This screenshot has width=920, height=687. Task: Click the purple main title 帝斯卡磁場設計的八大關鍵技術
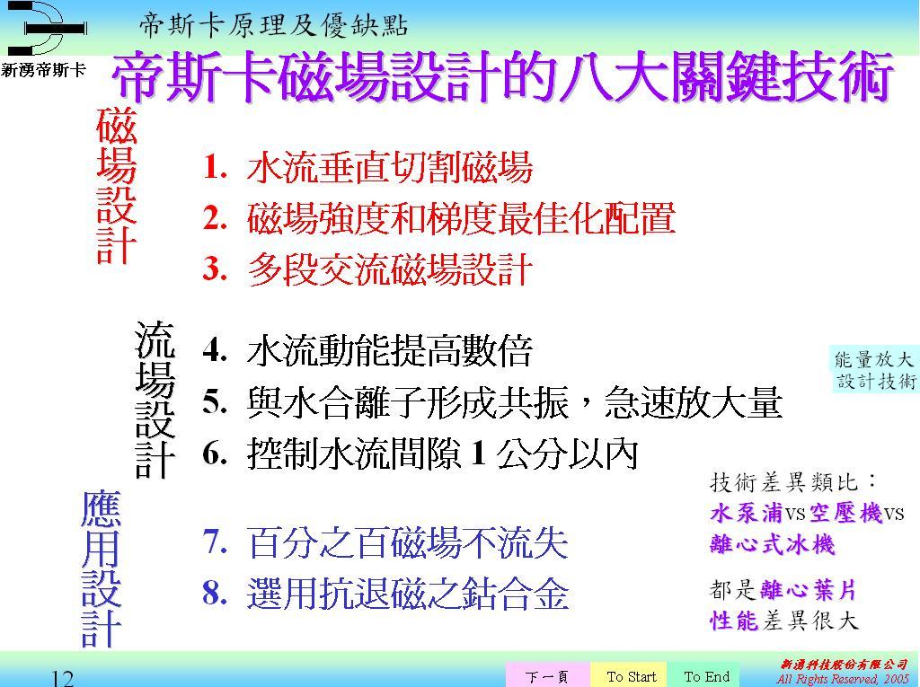(503, 77)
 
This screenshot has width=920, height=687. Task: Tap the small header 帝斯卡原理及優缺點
(273, 26)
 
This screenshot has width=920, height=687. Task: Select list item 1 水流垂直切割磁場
(367, 168)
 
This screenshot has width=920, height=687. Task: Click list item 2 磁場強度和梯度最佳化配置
(438, 218)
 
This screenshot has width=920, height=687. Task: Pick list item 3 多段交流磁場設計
(367, 269)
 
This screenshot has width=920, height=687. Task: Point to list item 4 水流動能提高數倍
(367, 351)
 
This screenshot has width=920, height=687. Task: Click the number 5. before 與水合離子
(215, 402)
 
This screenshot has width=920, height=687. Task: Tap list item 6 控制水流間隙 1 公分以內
(420, 454)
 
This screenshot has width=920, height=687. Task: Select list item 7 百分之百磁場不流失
(385, 542)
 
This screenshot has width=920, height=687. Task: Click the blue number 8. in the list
(215, 593)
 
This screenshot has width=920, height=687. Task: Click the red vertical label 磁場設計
(117, 185)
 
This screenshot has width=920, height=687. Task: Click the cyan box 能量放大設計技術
(875, 370)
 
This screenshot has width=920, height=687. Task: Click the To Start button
(632, 676)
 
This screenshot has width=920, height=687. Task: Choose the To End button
(706, 676)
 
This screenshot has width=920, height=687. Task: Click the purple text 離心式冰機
(772, 544)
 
